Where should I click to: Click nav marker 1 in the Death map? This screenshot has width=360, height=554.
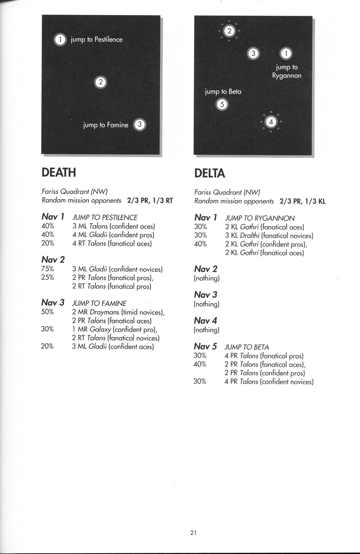coord(60,40)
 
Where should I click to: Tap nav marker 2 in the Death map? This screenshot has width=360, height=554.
coord(101,82)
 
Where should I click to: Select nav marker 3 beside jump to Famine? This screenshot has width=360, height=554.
coord(140,125)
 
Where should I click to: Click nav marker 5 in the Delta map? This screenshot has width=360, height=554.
coord(222,104)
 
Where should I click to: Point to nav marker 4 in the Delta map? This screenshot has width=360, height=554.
coord(271,122)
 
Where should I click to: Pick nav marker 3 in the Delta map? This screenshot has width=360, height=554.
coord(253,53)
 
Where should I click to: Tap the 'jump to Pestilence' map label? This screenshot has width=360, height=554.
coord(97,40)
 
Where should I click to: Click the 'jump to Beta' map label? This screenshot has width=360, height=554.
coord(223,92)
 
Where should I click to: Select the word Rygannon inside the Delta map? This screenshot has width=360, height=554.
coord(287,76)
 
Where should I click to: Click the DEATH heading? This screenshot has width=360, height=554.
coord(59,172)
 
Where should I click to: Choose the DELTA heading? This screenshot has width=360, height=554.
coord(210,173)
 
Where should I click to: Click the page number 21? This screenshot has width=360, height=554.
coord(193,533)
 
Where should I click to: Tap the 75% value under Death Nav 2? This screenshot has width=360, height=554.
coord(48,269)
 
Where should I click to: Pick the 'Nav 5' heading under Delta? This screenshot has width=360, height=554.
coord(206,347)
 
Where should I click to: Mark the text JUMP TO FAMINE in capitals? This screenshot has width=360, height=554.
coord(99,303)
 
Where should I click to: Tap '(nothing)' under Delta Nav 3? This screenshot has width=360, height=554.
coord(206,304)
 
